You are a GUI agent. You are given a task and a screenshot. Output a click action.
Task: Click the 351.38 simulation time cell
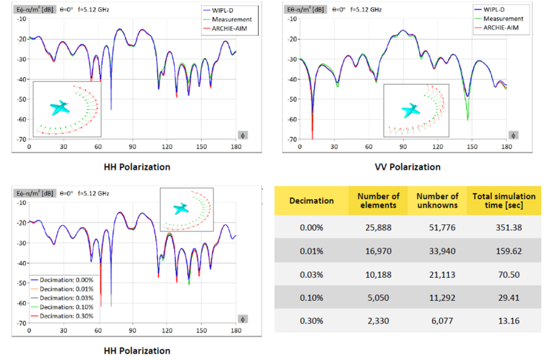click(x=508, y=227)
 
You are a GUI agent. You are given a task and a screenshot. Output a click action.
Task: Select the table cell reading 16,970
click(x=378, y=251)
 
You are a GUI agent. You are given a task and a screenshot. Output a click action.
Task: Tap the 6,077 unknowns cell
click(x=442, y=321)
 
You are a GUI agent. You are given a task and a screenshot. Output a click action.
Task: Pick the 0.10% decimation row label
click(x=311, y=298)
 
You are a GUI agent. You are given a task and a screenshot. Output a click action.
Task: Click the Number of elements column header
click(x=378, y=201)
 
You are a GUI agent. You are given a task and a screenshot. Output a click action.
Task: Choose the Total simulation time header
click(x=504, y=201)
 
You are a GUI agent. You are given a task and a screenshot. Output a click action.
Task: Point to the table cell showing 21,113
click(x=442, y=275)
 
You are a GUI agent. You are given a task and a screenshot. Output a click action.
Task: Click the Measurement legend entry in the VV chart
click(x=499, y=19)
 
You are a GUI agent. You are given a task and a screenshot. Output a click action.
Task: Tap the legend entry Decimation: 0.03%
click(x=62, y=298)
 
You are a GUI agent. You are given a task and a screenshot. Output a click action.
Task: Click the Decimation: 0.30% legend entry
click(x=62, y=316)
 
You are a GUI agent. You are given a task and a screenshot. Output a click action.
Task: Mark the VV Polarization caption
click(x=407, y=167)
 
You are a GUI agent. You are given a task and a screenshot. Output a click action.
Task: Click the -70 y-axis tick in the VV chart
click(x=292, y=139)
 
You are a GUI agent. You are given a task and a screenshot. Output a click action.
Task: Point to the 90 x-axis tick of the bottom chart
click(x=132, y=330)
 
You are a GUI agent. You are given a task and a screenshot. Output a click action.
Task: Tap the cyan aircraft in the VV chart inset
click(x=410, y=111)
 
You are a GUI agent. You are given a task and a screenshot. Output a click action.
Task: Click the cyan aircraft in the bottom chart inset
click(x=181, y=209)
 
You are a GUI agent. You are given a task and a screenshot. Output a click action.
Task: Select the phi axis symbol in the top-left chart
click(x=243, y=135)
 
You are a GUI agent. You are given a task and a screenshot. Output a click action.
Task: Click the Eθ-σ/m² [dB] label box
click(x=305, y=10)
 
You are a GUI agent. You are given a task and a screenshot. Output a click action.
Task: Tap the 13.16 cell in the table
click(x=508, y=321)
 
